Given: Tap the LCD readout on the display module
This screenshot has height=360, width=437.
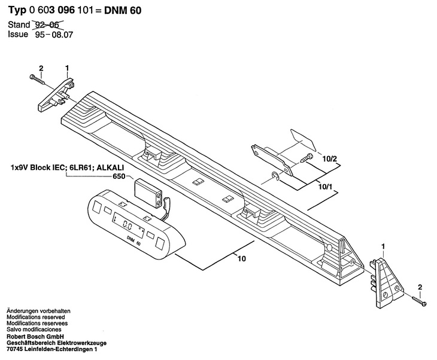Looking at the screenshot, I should pos(126,226).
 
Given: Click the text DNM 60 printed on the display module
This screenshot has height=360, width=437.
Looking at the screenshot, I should pos(133,240).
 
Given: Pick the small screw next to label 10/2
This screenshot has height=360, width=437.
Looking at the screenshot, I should pos(308,158).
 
